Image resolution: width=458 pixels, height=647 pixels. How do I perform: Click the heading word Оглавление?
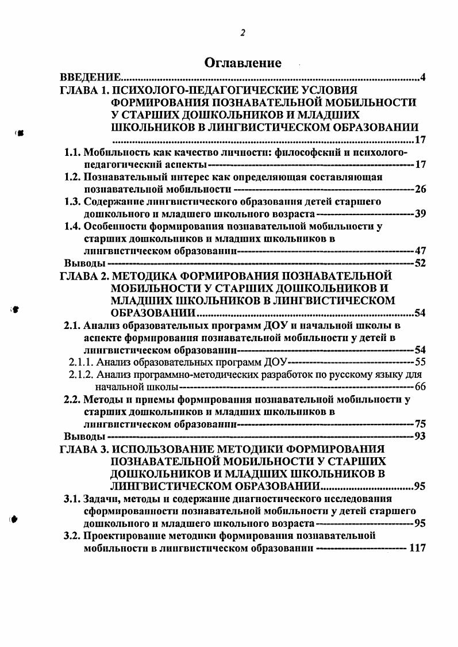tap(243, 63)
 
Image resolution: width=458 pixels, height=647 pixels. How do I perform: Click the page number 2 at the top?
tap(243, 32)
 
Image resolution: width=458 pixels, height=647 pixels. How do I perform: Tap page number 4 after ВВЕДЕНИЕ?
tap(422, 77)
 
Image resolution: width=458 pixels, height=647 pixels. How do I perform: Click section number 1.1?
tap(72, 152)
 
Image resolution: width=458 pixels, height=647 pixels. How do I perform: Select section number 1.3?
tap(72, 201)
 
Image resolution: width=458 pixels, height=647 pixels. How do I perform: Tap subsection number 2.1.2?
tap(81, 374)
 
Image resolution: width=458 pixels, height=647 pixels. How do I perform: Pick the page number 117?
tap(417, 549)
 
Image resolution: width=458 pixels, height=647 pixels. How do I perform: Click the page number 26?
tap(419, 189)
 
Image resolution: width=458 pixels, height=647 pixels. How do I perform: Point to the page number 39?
tap(419, 214)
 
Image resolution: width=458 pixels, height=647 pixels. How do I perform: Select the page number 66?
tap(419, 386)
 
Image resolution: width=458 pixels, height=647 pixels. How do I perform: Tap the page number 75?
tap(419, 424)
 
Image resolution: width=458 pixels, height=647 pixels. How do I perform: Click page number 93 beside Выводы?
tap(419, 436)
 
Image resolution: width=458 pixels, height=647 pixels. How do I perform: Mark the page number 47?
tap(419, 251)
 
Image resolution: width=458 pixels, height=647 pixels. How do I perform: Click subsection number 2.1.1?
tap(81, 362)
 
